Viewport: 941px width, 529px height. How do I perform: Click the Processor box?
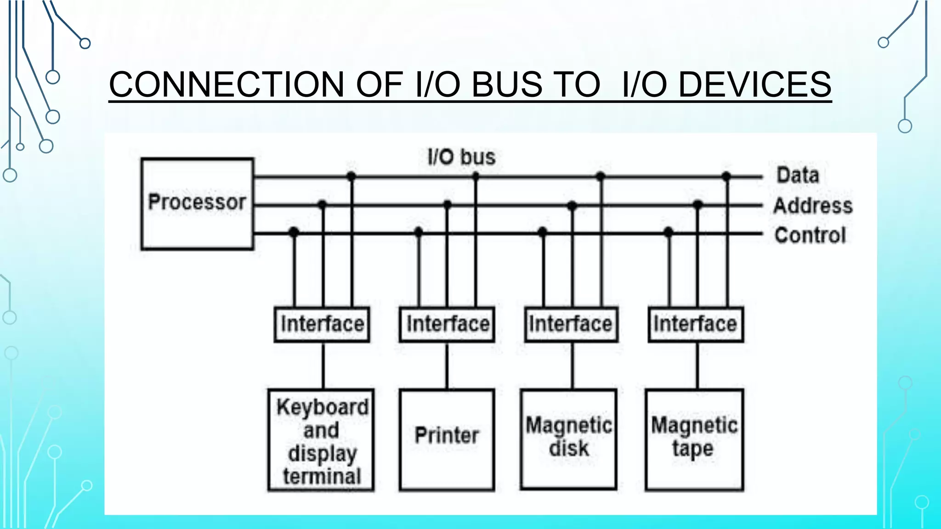point(197,203)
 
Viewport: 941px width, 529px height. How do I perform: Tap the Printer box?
point(447,439)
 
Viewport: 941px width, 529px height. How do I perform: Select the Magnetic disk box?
point(568,439)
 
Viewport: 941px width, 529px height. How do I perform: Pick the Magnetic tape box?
point(694,439)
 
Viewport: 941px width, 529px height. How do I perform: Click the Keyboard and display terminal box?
point(321,440)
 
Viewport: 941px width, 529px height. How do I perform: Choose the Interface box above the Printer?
point(447,324)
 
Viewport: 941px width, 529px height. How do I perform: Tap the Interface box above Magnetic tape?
point(696,324)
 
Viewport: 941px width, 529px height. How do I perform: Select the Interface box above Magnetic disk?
point(571,324)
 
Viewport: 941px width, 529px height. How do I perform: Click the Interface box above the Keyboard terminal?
point(322,324)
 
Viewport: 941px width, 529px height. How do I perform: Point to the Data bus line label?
point(798,175)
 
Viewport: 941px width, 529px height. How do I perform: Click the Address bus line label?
point(813,205)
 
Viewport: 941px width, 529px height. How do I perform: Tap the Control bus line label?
point(810,235)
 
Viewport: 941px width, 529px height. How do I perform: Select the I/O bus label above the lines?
point(461,157)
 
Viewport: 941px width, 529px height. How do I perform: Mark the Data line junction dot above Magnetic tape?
point(726,176)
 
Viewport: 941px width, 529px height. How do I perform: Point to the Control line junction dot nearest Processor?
point(294,232)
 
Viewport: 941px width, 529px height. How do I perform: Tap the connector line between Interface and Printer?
point(447,366)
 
